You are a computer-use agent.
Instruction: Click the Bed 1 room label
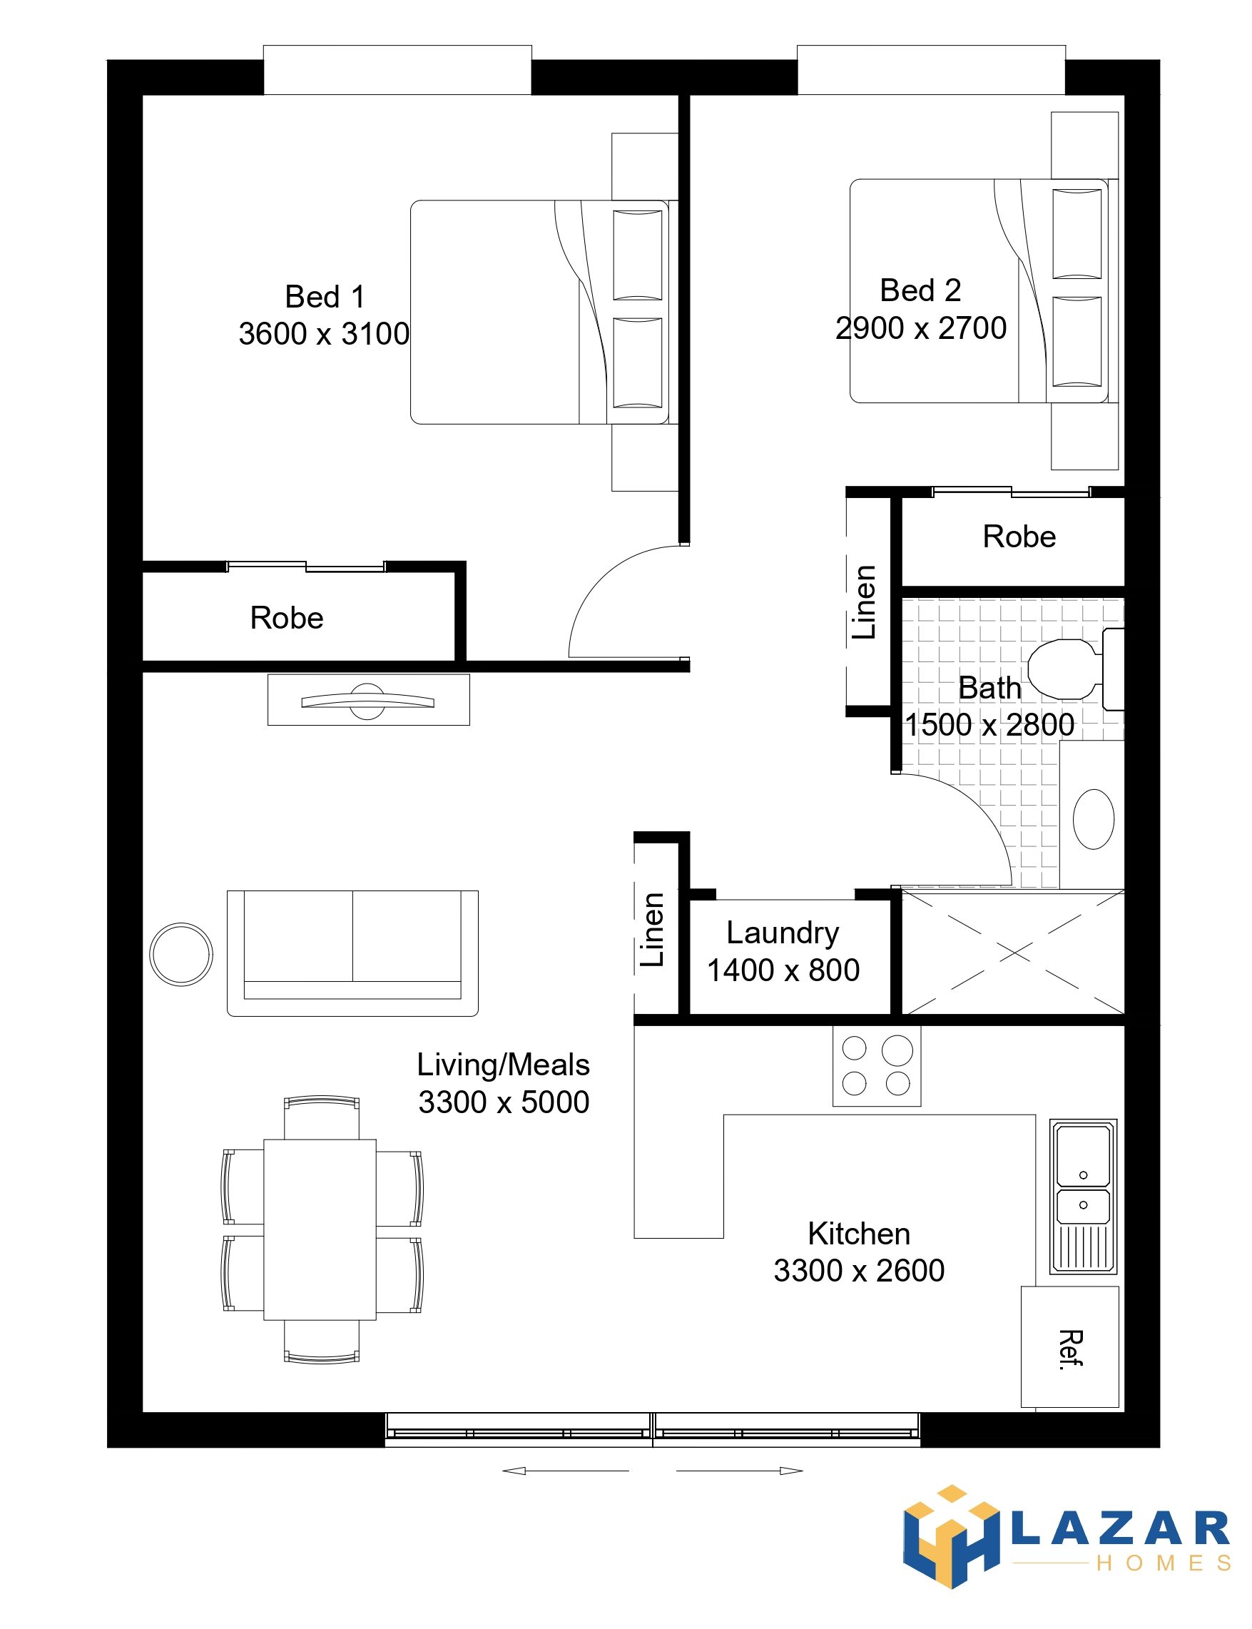tap(325, 297)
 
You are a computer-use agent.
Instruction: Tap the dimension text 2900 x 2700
tap(920, 328)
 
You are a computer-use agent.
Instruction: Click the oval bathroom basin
tap(1093, 819)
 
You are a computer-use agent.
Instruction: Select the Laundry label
tap(783, 933)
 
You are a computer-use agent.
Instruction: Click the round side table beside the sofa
tap(181, 955)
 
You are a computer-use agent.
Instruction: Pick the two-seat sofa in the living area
tap(352, 953)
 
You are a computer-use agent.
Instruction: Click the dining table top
tap(320, 1229)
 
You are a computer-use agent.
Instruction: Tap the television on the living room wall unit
tap(368, 701)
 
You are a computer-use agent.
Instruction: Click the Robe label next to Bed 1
tap(287, 618)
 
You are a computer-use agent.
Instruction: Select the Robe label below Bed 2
tap(1019, 537)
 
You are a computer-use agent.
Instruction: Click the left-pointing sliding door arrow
tap(566, 1471)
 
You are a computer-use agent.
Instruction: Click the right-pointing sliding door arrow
tap(739, 1471)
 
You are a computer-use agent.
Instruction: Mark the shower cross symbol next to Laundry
tap(1013, 952)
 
